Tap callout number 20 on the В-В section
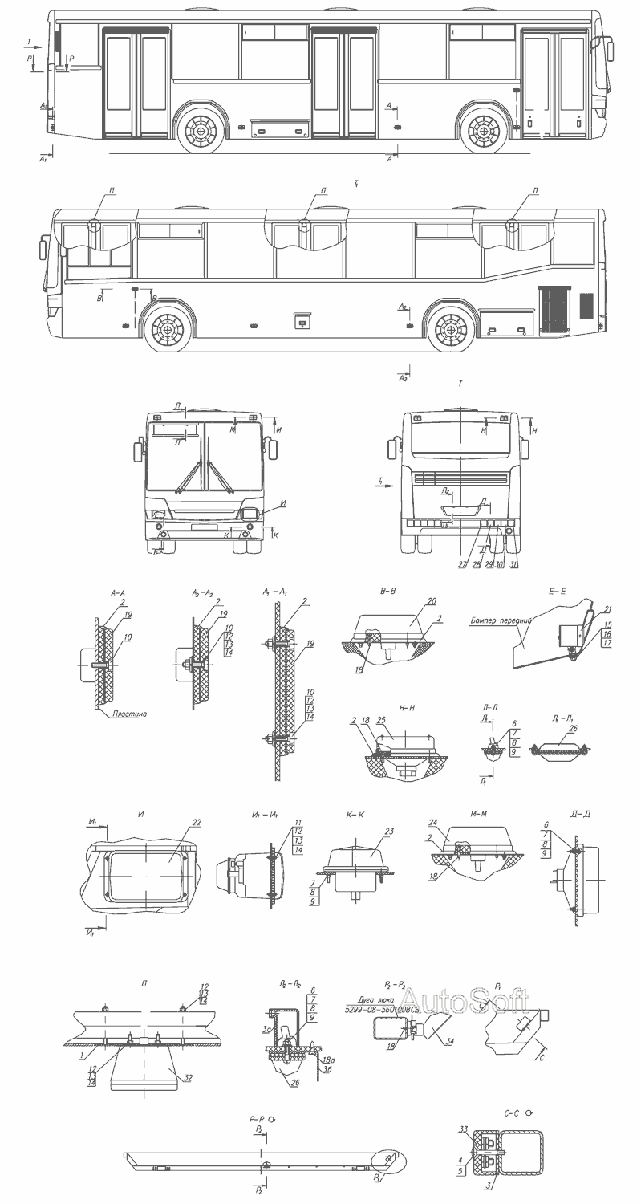click(431, 601)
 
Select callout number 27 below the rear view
click(462, 564)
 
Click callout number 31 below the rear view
click(514, 564)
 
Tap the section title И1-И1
click(263, 815)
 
